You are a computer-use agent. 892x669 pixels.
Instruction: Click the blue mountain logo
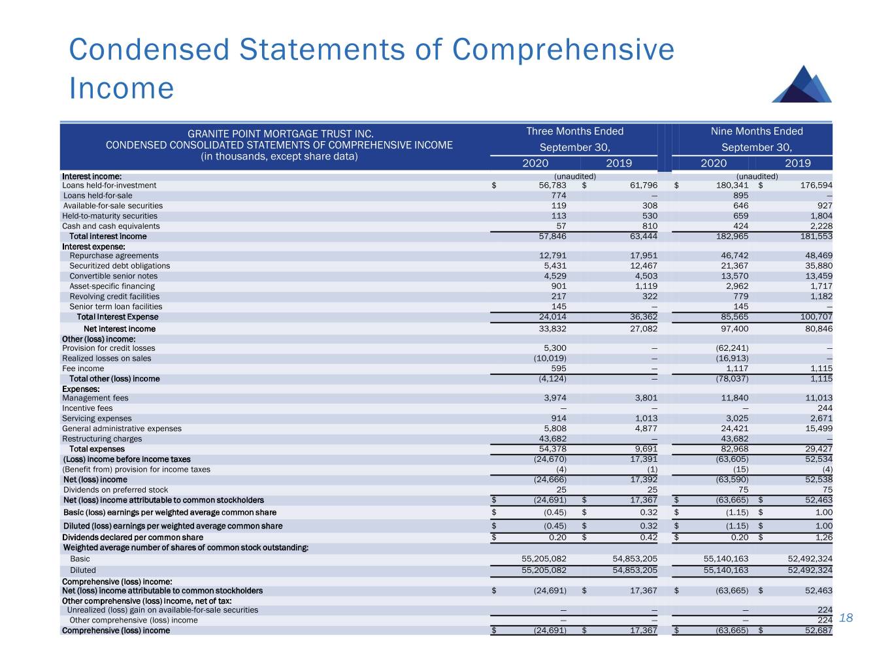802,85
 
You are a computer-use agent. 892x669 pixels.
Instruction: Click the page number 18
846,618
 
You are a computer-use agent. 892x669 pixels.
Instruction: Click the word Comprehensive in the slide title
563,50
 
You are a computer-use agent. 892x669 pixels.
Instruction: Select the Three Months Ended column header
574,131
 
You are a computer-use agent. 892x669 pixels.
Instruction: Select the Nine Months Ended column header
756,131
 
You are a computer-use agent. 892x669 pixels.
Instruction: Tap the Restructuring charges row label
102,438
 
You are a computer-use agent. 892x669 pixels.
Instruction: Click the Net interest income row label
120,329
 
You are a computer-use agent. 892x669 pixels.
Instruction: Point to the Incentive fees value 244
825,408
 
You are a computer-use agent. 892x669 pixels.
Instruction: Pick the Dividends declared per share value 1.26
823,537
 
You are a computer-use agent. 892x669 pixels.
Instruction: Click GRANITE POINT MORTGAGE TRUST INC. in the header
280,134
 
